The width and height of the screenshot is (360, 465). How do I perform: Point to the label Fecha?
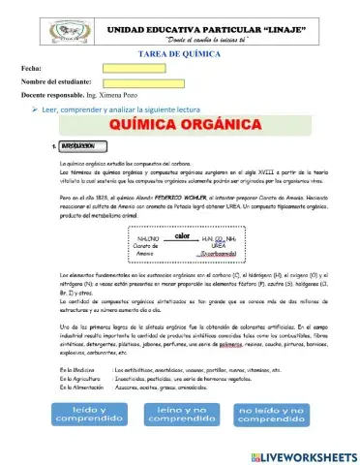(x=31, y=70)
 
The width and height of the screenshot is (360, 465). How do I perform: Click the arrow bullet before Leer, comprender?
(x=32, y=109)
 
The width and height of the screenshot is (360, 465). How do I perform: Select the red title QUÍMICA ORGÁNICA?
(x=181, y=127)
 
